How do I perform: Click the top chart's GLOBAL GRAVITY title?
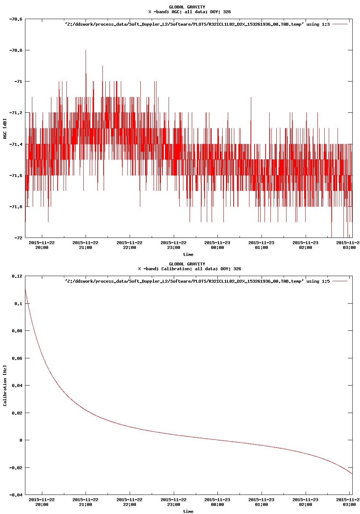[187, 7]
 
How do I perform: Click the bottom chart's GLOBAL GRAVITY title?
[187, 264]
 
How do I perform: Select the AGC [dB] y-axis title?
[5, 129]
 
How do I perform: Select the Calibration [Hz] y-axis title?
[5, 385]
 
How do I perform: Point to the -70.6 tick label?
[15, 19]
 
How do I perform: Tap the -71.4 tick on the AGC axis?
[15, 144]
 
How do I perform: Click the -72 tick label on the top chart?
[18, 238]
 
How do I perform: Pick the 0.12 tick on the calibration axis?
[17, 276]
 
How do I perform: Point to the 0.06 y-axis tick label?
[17, 358]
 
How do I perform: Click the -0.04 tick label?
[15, 495]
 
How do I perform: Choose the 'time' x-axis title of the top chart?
[188, 254]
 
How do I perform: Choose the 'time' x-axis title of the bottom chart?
[188, 511]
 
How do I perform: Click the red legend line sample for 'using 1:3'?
[340, 24]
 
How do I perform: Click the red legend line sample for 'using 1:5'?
[340, 281]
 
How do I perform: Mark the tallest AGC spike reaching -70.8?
[86, 51]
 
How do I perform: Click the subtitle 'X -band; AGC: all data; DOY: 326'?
[190, 12]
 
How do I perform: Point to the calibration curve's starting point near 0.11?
[25, 290]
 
